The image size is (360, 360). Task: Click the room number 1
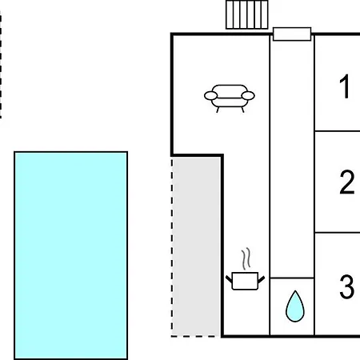[345, 86]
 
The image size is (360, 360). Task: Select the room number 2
[347, 182]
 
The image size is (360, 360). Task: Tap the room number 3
[347, 286]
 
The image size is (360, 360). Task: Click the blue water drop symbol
[295, 306]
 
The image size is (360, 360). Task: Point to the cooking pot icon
[245, 281]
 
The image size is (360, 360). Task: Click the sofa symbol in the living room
[230, 98]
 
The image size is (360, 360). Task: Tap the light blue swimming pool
[71, 255]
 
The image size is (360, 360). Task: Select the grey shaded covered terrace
[196, 246]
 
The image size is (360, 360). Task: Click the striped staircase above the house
[247, 14]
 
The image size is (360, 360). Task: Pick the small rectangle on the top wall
[292, 34]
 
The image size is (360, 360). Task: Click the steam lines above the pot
[246, 258]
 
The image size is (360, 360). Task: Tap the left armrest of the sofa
[210, 95]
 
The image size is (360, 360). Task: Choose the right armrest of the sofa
[248, 95]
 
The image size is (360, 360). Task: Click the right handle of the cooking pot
[262, 279]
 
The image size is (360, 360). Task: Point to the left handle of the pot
[229, 279]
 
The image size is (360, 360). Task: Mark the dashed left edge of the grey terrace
[172, 246]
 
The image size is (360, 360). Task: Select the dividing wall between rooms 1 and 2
[338, 131]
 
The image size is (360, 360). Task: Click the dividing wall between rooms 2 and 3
[338, 233]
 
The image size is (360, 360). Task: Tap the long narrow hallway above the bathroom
[292, 159]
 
